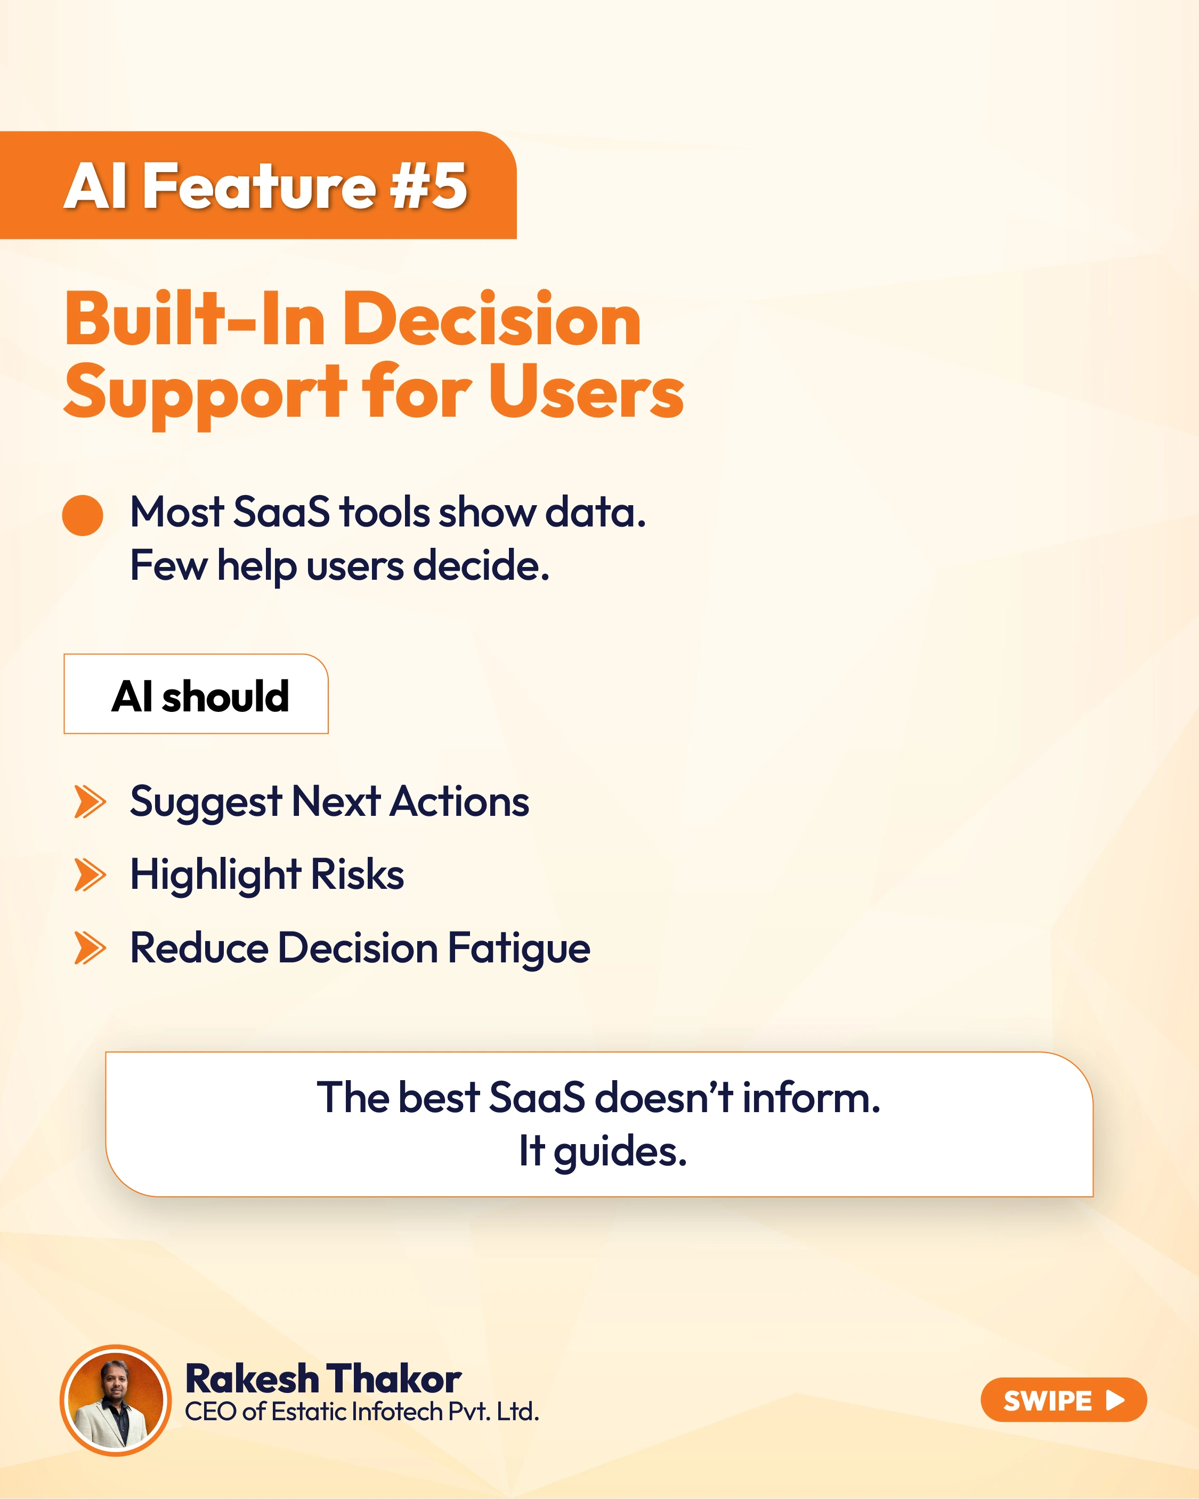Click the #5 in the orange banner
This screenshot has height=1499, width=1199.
pos(428,185)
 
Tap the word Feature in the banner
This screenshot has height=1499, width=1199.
pos(260,185)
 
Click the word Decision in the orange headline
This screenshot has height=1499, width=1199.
pos(492,319)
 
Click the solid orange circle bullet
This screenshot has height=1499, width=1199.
pos(83,515)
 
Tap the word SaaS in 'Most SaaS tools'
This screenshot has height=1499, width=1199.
pos(282,513)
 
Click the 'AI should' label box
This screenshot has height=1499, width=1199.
pos(196,694)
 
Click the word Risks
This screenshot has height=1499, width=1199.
pos(357,874)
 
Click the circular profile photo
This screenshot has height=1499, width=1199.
pos(116,1399)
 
